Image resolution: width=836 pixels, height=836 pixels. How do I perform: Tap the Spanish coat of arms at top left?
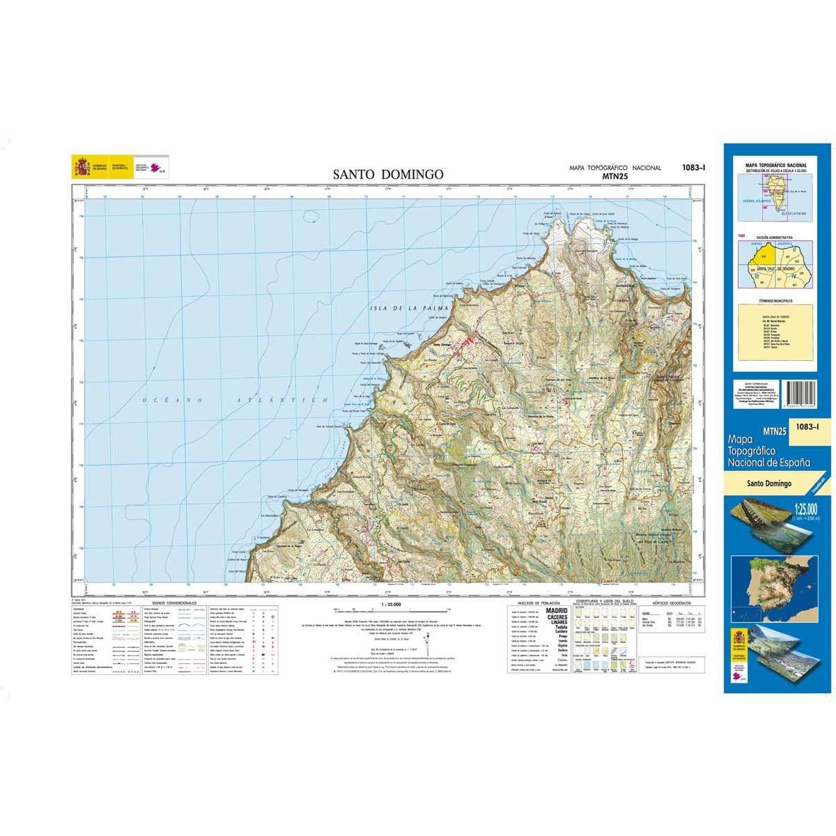[78, 168]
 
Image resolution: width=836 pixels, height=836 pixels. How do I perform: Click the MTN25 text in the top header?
[614, 176]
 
